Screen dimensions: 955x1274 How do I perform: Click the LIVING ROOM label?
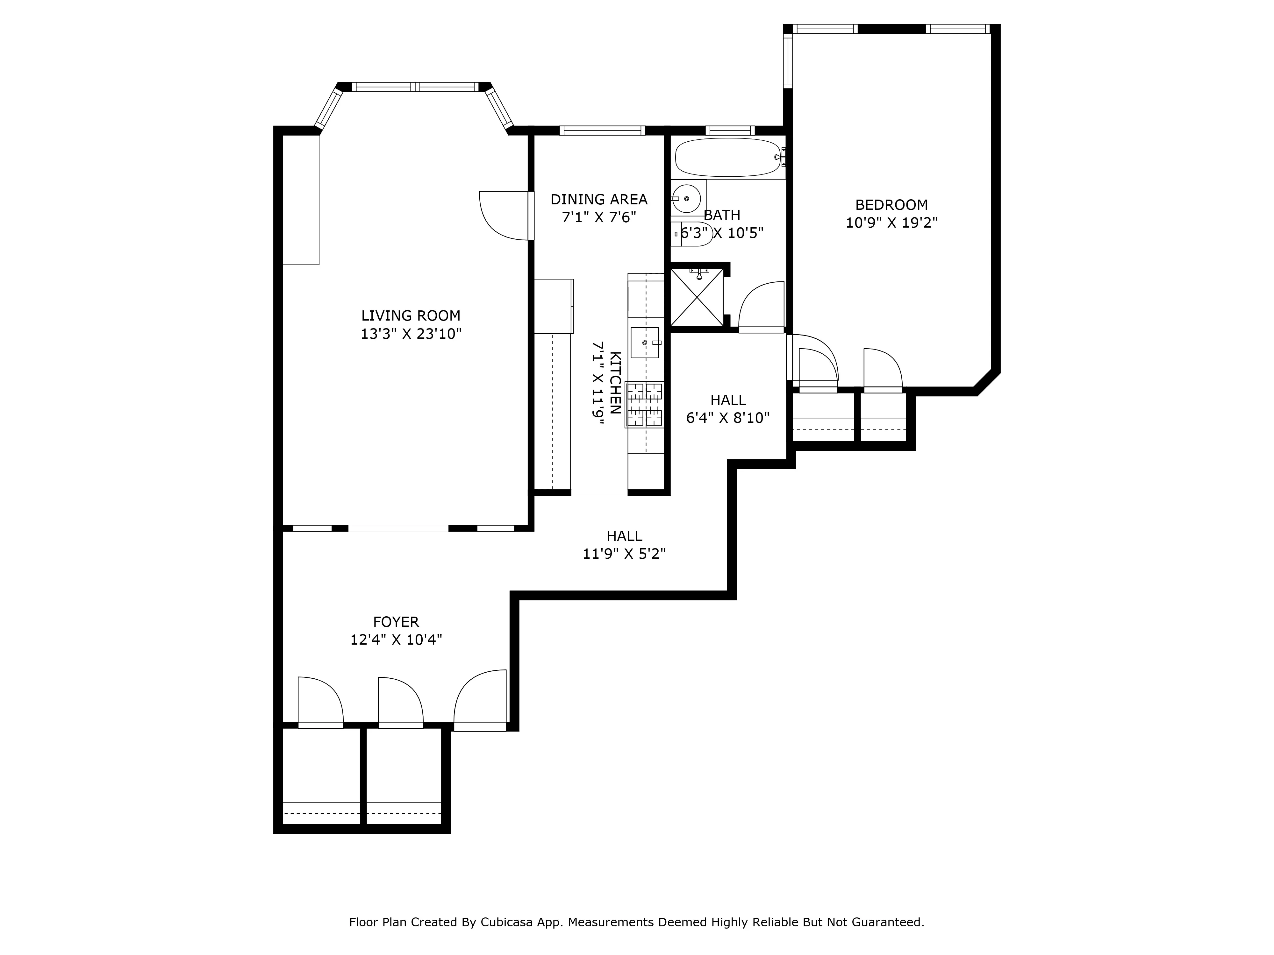click(x=411, y=315)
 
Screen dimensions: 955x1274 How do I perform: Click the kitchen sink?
click(x=645, y=343)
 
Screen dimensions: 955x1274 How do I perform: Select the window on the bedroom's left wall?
click(x=788, y=60)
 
